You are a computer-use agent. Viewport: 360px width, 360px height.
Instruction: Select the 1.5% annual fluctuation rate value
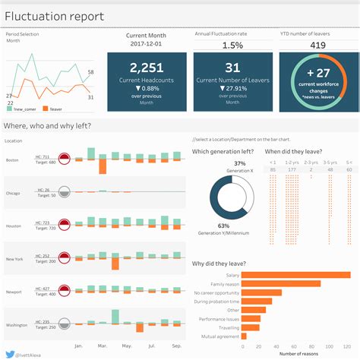coord(232,46)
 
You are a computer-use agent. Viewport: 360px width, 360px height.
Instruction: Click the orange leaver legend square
coord(45,108)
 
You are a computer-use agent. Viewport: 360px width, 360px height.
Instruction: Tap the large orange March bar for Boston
coord(102,166)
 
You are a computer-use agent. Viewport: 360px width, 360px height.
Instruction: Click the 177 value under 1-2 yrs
coord(292,169)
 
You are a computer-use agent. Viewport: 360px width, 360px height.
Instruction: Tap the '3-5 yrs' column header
coord(330,162)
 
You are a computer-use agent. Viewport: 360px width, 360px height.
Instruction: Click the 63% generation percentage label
coord(223,226)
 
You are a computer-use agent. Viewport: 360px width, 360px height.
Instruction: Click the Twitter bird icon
coord(8,353)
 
